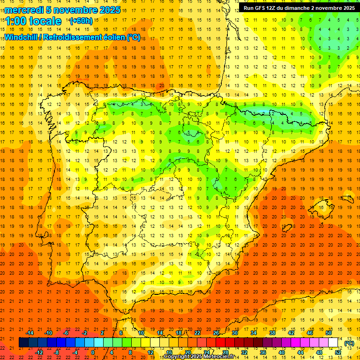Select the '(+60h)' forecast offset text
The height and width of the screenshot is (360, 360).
pyautogui.click(x=81, y=21)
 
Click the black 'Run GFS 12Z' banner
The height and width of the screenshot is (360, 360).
pyautogui.click(x=299, y=8)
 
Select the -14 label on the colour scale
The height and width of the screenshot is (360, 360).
pyautogui.click(x=30, y=333)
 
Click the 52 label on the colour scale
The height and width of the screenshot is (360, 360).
pyautogui.click(x=338, y=352)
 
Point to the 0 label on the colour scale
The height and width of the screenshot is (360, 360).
pyautogui.click(x=93, y=352)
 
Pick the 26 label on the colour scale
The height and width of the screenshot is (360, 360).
pyautogui.click(x=216, y=333)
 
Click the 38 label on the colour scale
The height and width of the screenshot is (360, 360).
pyautogui.click(x=272, y=333)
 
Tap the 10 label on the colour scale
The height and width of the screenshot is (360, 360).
pyautogui.click(x=141, y=333)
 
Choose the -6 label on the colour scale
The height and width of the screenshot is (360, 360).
pyautogui.click(x=66, y=333)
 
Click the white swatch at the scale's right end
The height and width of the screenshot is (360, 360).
pyautogui.click(x=333, y=343)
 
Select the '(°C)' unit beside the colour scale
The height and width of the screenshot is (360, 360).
pyautogui.click(x=349, y=343)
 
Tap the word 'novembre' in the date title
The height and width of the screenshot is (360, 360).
pyautogui.click(x=74, y=10)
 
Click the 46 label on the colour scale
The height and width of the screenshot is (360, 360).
pyautogui.click(x=310, y=333)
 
